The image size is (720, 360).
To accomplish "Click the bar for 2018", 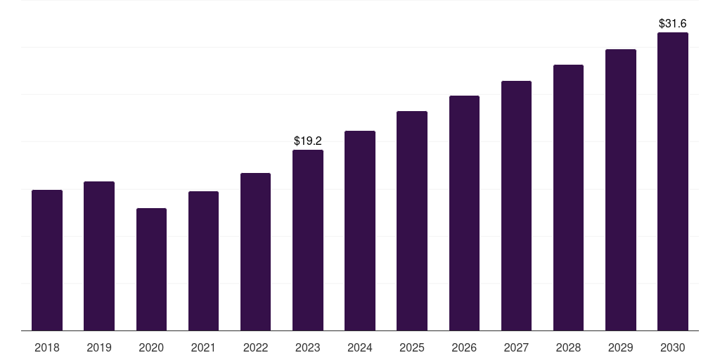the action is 47,260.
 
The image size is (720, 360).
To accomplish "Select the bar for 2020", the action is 152,269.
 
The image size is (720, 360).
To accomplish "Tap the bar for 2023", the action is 308,240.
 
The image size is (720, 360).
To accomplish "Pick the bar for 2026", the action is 464,213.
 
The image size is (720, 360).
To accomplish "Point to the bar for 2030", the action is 673,181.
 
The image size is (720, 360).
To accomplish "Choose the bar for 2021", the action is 203,261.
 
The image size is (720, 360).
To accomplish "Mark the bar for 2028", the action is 568,198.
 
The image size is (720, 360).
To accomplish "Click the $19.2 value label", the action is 308,141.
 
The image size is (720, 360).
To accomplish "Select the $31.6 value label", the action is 673,23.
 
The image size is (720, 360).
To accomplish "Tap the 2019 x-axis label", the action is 99,348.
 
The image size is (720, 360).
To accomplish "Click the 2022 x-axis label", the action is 255,348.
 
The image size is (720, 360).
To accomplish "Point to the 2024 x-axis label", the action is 360,348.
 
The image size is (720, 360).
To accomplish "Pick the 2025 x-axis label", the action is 412,348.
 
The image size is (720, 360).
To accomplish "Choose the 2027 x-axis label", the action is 516,348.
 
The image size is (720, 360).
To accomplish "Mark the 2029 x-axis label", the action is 620,348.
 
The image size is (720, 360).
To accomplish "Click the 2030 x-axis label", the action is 673,348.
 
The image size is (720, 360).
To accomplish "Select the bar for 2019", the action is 99,256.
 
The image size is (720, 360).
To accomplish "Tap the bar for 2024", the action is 360,231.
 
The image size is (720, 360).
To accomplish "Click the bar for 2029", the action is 621,190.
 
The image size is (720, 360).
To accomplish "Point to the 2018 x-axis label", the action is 47,348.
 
